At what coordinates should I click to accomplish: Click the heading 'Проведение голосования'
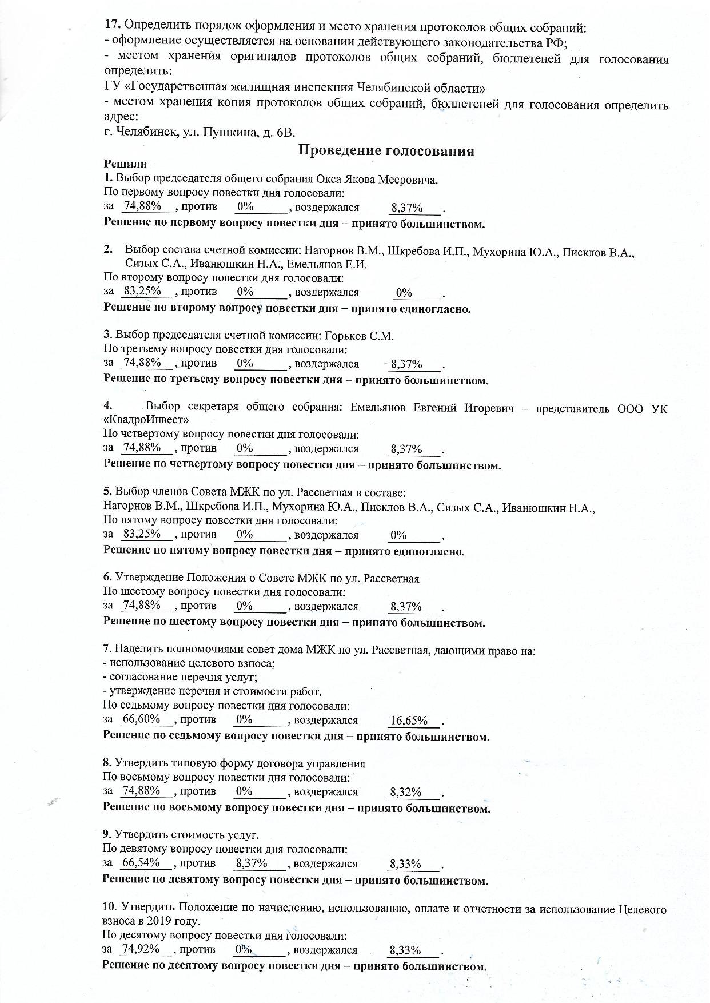point(386,151)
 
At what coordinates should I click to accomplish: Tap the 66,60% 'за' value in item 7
point(141,719)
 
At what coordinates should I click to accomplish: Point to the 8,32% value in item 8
point(406,792)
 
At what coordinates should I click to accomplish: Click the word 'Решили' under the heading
point(125,165)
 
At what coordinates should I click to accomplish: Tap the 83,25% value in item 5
point(142,534)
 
